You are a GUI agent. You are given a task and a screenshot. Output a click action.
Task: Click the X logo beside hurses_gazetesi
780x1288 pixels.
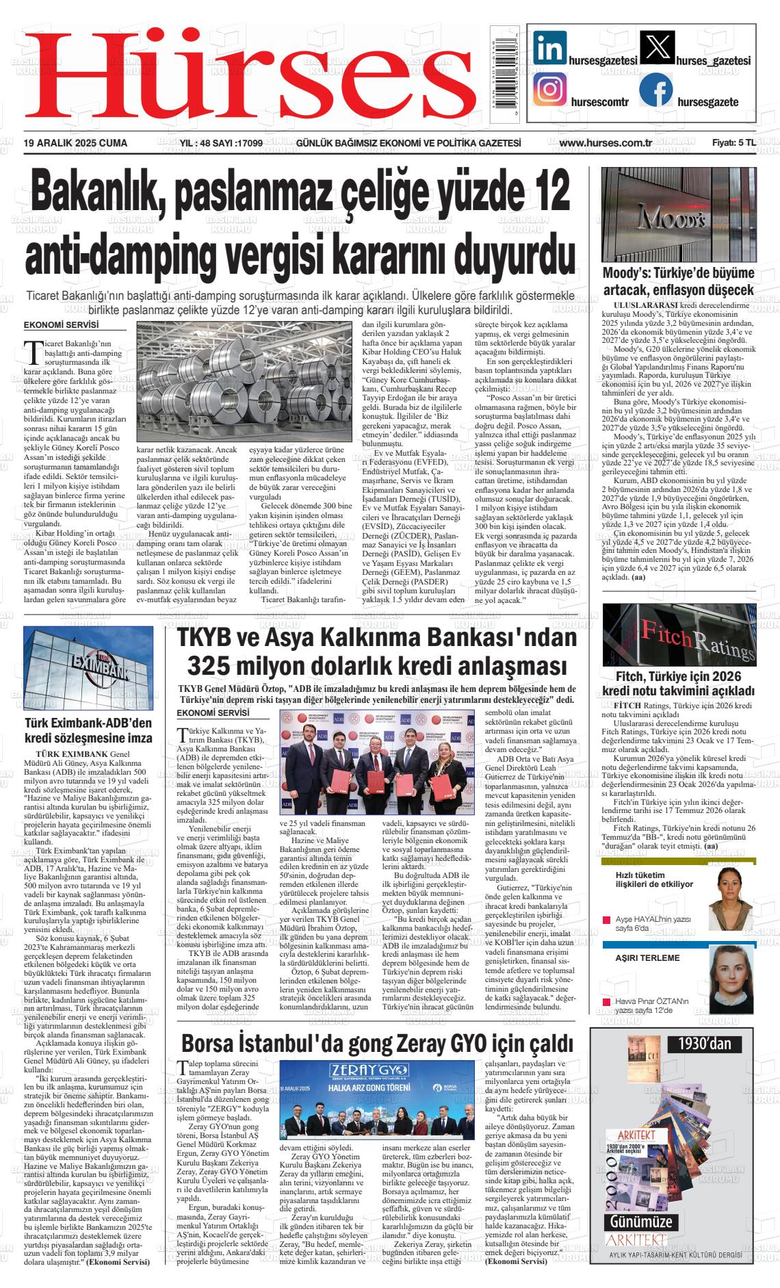tap(656, 49)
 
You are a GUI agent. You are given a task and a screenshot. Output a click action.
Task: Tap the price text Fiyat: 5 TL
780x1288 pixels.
tap(733, 143)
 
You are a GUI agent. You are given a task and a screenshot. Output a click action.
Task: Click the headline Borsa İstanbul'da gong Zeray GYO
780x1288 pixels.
tap(377, 1044)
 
